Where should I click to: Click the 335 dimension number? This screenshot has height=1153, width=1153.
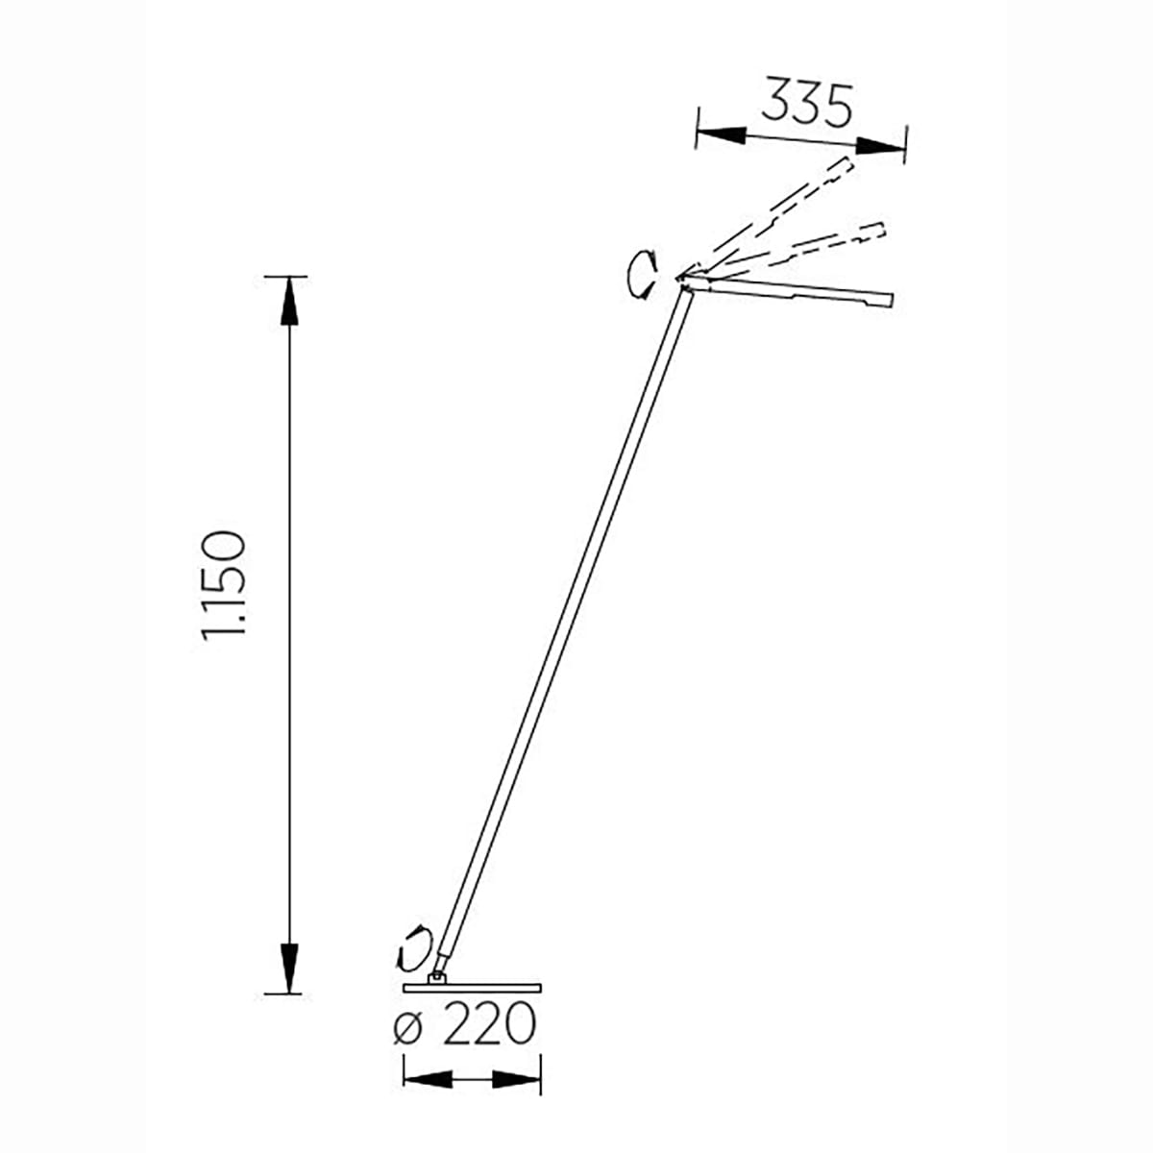tap(806, 102)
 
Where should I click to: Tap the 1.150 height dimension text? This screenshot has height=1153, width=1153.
tap(223, 586)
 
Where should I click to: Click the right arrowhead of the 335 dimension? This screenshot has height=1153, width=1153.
tap(879, 146)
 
